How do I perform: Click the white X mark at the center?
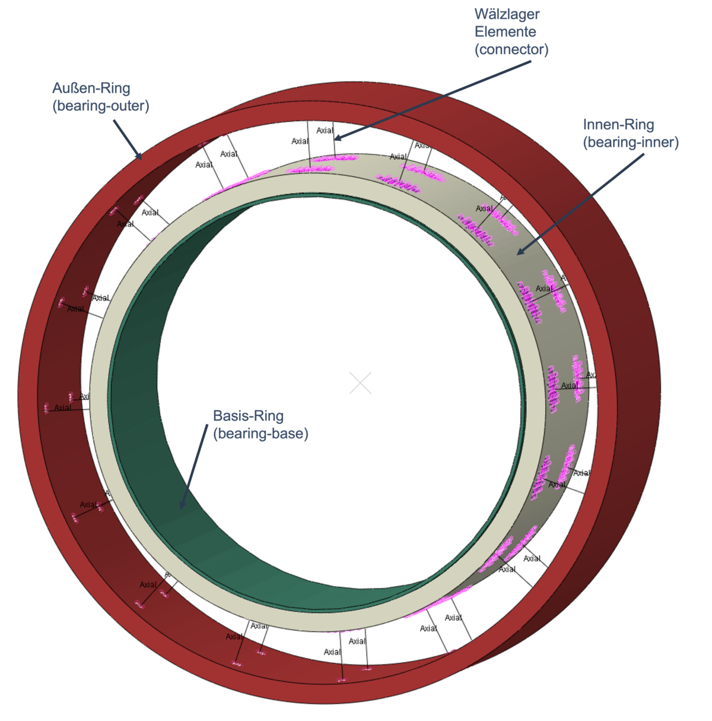click(360, 383)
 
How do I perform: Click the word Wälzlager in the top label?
click(507, 14)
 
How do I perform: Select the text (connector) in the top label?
click(511, 49)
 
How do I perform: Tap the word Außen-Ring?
click(91, 88)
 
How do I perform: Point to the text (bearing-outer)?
click(100, 106)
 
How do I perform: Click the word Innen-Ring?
click(618, 125)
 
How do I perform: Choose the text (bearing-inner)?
click(630, 143)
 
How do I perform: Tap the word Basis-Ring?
click(248, 416)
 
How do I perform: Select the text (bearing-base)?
click(260, 434)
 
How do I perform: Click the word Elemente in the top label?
click(505, 31)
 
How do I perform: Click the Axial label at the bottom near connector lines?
click(233, 637)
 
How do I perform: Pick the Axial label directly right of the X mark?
click(568, 385)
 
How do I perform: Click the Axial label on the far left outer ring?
click(62, 408)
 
